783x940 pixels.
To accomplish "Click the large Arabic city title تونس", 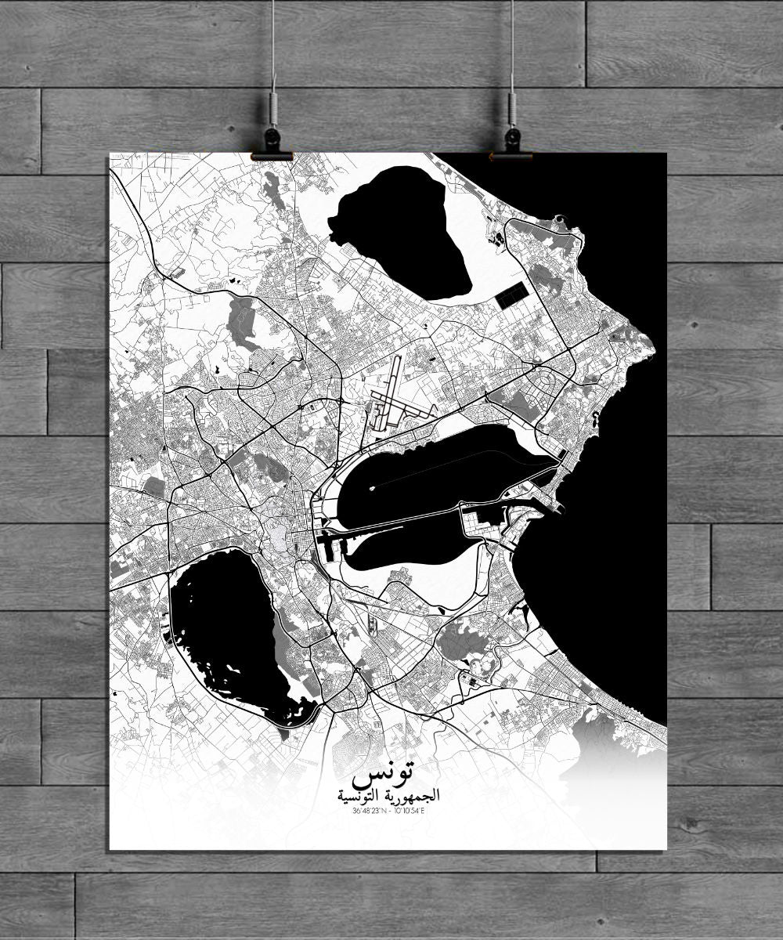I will pos(384,775).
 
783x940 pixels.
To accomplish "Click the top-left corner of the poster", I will pos(108,157).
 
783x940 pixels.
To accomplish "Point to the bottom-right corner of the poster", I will pos(666,848).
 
